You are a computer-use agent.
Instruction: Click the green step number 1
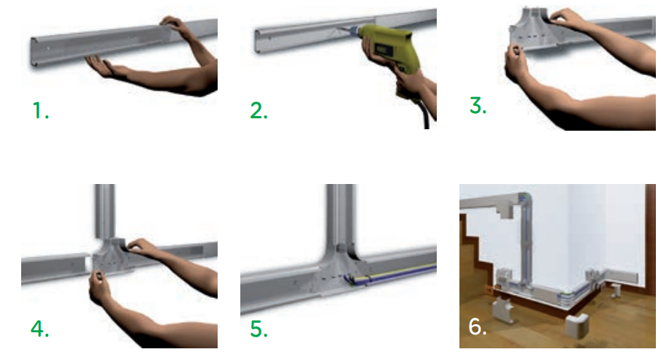pos(40,110)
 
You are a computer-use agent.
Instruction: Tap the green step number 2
pos(259,110)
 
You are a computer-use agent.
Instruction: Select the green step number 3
pos(478,105)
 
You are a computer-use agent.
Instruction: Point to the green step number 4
pos(39,329)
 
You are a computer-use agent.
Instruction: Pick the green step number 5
pos(259,329)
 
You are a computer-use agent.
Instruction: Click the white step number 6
pos(478,326)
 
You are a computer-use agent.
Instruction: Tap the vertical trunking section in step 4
pos(104,211)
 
